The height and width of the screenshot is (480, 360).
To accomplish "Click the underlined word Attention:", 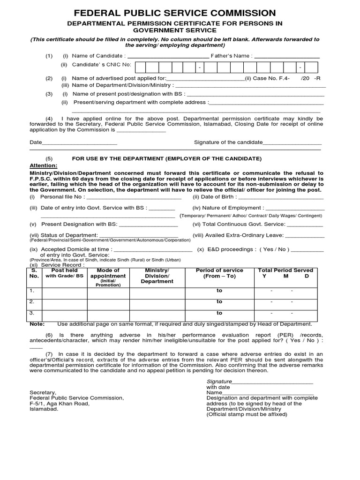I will tap(44, 165).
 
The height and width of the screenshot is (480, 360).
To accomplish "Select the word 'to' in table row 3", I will tap(219, 313).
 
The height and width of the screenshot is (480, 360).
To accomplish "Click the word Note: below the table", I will tap(37, 324).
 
